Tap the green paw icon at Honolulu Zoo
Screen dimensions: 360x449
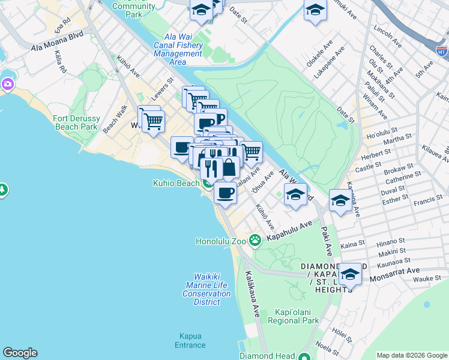click(255, 240)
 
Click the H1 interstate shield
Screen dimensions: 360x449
click(441, 51)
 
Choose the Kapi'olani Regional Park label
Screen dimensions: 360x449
click(297, 316)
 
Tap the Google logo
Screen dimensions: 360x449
click(20, 353)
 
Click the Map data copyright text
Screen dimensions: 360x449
click(411, 355)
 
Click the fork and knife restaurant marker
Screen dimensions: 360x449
click(210, 168)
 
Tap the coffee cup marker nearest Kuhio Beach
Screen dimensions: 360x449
click(225, 194)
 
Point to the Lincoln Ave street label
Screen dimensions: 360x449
click(387, 36)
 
